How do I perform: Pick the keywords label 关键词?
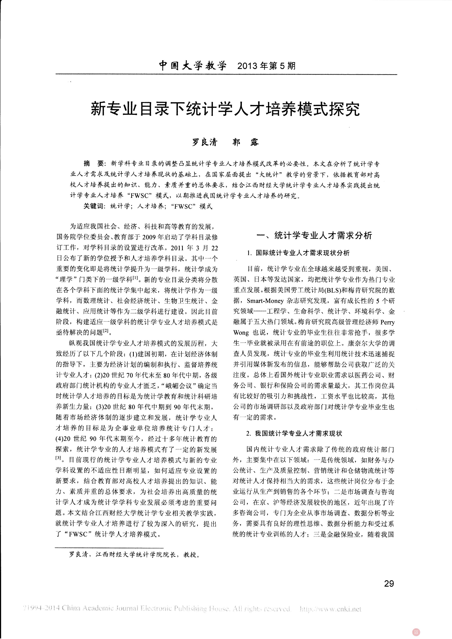click(93, 206)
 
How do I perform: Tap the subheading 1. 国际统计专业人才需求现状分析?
click(298, 253)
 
